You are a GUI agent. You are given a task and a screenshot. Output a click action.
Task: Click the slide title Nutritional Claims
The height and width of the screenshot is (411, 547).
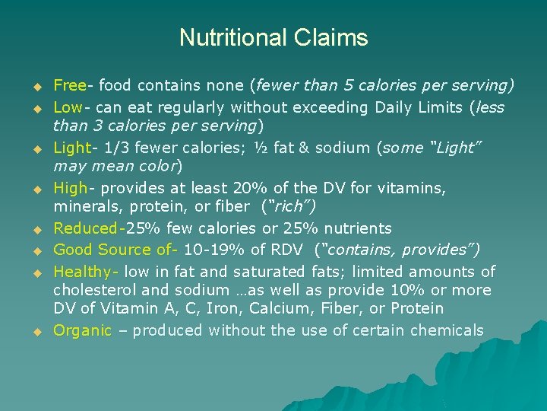pos(273,37)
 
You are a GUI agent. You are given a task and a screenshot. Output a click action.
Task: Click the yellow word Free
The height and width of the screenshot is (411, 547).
pos(69,85)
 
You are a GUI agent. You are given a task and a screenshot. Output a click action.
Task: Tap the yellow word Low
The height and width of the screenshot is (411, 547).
pos(68,107)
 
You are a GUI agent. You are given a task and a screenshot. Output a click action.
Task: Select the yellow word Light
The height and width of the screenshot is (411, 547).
pos(71,148)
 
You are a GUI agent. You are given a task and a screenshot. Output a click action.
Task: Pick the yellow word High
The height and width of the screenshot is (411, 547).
pos(70,187)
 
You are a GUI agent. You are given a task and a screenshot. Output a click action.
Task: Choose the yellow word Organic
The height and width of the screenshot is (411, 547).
pos(82,330)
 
